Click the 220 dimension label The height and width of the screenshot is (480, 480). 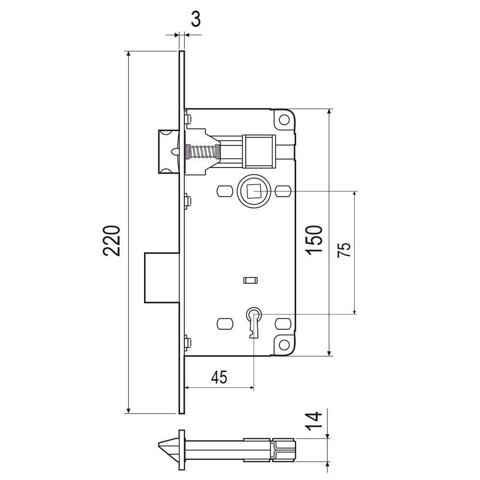coord(111,240)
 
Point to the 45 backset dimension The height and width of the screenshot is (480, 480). coord(219,377)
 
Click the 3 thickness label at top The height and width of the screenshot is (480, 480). coord(196,19)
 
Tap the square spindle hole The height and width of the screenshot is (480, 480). coord(253,192)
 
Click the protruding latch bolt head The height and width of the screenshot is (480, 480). coord(168,152)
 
